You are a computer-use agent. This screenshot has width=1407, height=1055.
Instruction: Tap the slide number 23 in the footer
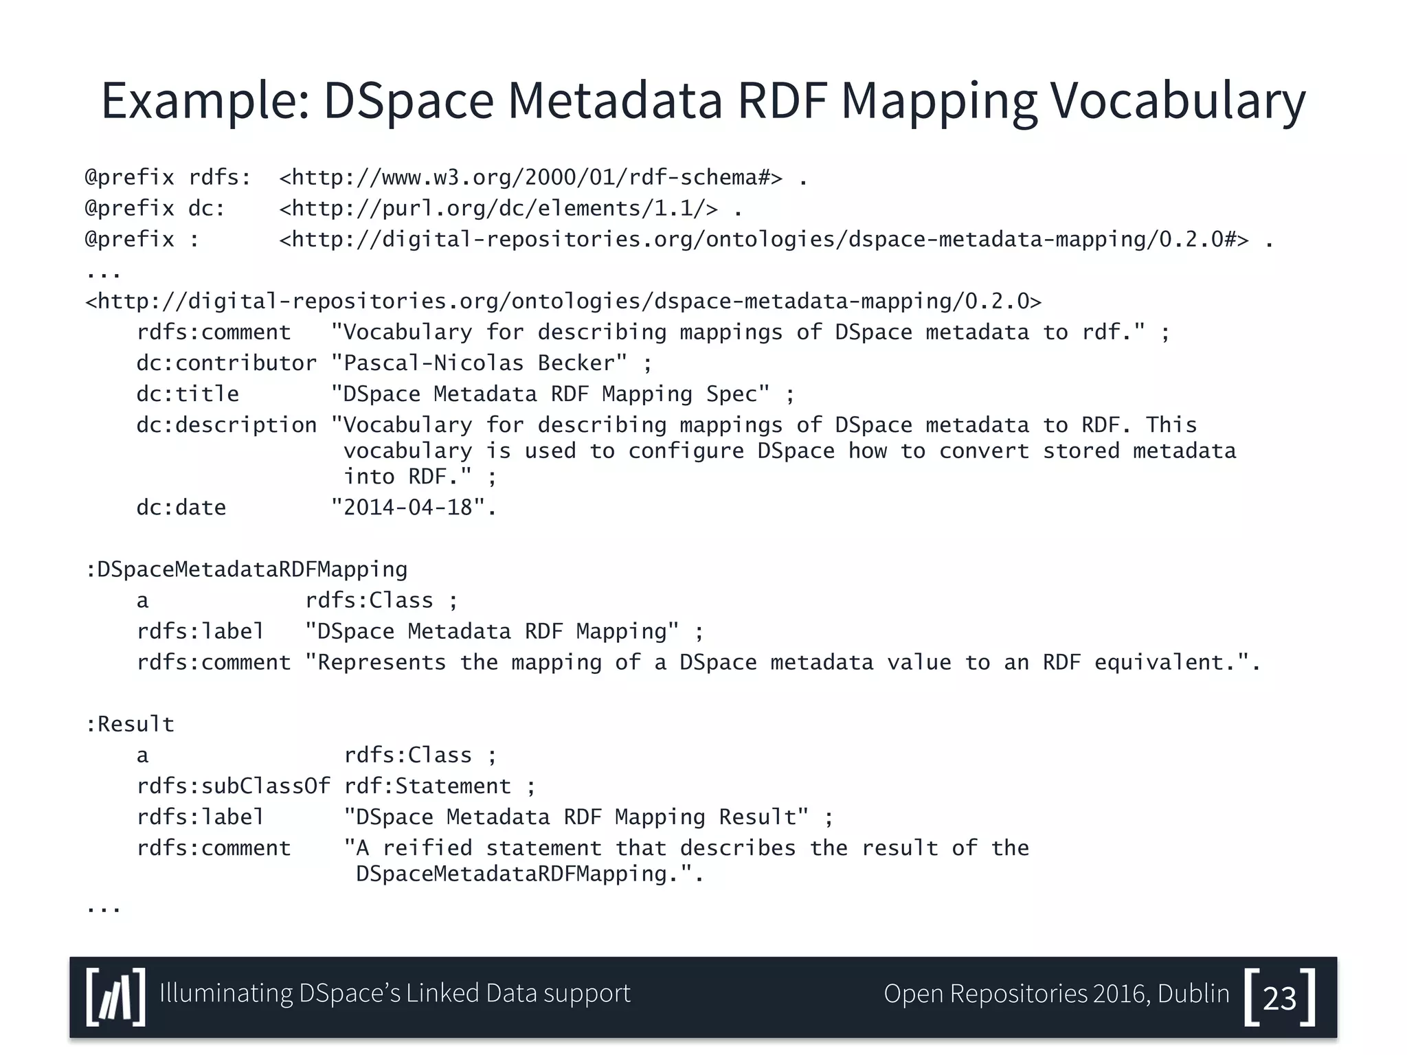point(1279,998)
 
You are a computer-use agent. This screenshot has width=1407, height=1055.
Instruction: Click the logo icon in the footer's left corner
point(116,997)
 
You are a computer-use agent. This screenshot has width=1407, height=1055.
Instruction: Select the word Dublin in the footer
point(1193,994)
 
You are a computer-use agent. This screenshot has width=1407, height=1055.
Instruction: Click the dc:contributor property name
point(227,363)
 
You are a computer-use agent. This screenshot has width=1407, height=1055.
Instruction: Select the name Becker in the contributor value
point(583,363)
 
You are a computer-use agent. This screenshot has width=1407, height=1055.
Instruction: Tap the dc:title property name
point(188,394)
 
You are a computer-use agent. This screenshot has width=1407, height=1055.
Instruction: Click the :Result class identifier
point(130,724)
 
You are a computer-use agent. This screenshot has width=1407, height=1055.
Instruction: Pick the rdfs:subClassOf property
point(234,786)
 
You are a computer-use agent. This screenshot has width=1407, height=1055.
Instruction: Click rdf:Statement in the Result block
point(427,786)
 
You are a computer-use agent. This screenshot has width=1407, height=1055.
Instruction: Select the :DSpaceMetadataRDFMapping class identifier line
point(247,569)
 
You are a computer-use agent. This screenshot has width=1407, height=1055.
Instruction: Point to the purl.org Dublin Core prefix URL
point(499,208)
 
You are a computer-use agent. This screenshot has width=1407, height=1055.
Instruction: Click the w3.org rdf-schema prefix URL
point(530,178)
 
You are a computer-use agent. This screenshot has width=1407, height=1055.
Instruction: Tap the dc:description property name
point(227,425)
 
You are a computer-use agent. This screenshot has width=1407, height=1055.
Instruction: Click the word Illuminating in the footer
point(226,994)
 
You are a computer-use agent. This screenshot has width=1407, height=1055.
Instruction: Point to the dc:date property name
point(181,508)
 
